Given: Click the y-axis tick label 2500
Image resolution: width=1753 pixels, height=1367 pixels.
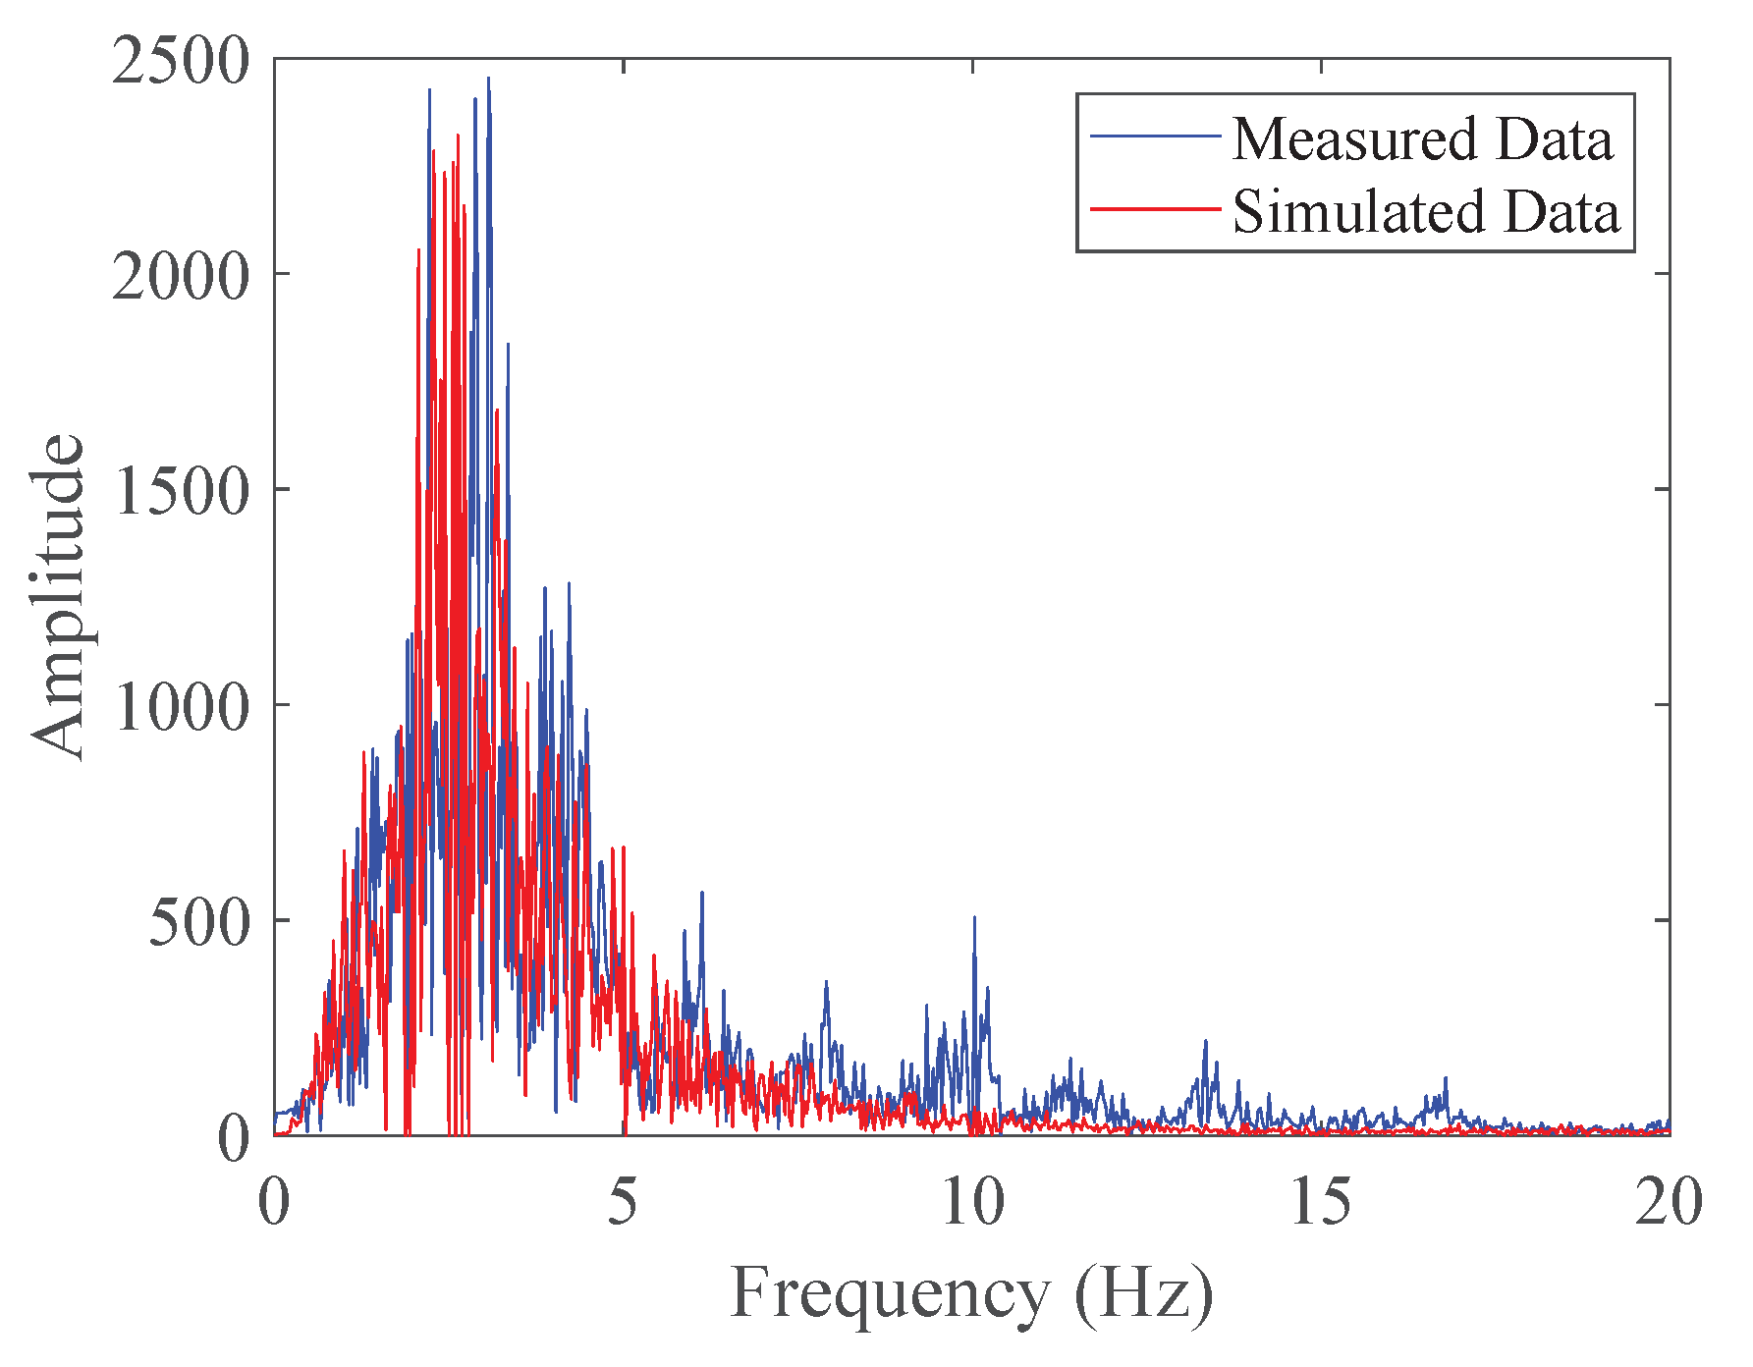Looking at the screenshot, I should (181, 61).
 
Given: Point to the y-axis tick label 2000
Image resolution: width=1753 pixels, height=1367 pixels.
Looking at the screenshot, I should (181, 276).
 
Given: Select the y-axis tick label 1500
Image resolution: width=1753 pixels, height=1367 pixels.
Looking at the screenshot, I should (181, 491).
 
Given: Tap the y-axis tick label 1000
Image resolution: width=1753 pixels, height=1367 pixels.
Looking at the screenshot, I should (181, 706).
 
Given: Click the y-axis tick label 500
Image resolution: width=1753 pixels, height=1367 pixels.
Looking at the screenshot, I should (199, 922).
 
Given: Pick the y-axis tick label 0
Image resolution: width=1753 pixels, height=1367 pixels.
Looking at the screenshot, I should (234, 1139).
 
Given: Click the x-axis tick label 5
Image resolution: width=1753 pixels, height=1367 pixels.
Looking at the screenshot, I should (623, 1202).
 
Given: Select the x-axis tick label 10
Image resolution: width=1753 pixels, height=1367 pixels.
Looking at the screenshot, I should (972, 1202).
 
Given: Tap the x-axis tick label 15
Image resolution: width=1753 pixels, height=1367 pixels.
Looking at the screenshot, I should (1321, 1202).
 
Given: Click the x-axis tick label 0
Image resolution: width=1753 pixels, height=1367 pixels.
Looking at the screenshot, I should (274, 1202).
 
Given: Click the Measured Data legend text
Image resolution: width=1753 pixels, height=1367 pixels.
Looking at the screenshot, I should (1422, 138).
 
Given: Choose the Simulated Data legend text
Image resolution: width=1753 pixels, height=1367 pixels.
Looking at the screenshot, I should (1425, 211).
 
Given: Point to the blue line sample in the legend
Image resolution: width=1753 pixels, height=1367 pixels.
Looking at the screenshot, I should (1155, 136).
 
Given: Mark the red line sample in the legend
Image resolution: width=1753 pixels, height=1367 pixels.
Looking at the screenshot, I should (1155, 208).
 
